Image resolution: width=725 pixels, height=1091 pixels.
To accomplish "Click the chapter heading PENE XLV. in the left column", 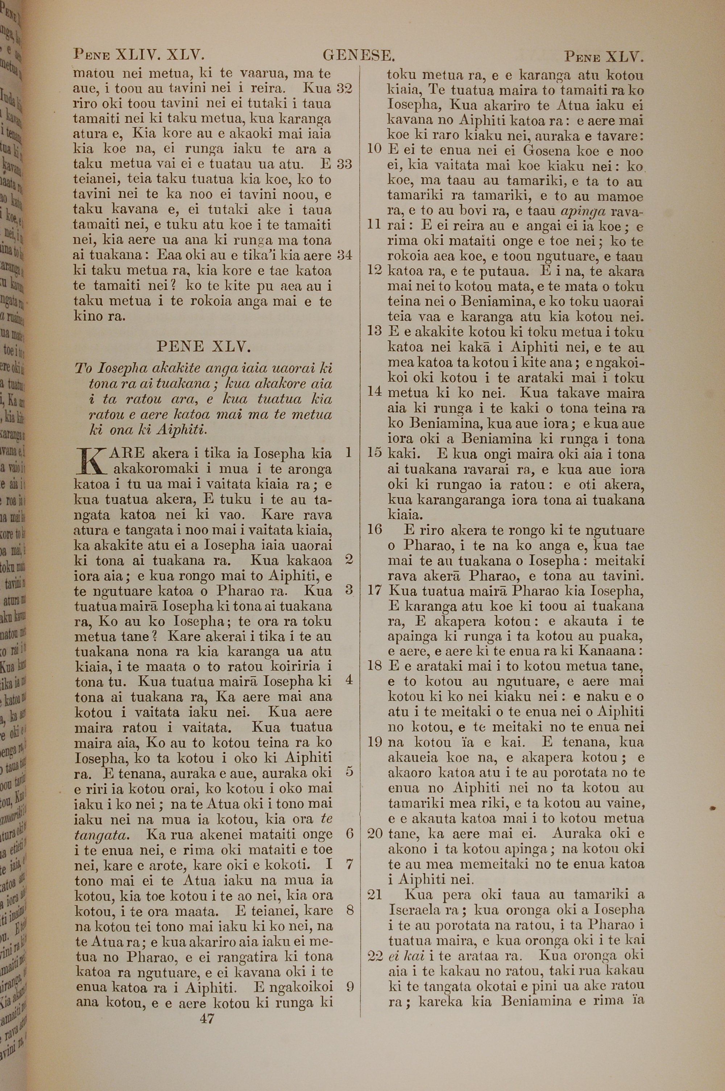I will click(x=204, y=346).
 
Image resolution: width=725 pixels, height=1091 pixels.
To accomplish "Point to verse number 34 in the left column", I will click(x=344, y=255).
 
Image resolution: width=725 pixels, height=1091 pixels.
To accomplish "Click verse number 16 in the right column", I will click(x=374, y=530).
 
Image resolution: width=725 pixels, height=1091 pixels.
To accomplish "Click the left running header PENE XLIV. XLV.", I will click(x=139, y=55).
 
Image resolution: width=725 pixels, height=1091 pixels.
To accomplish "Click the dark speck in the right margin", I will click(x=713, y=807).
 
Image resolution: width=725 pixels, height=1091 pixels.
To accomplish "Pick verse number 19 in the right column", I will click(x=374, y=742).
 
